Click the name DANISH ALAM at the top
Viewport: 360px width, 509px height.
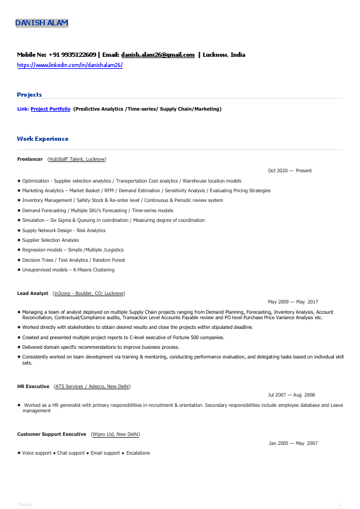(42, 23)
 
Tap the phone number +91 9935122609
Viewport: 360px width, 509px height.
(72, 54)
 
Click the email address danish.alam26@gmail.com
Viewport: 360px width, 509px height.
(158, 54)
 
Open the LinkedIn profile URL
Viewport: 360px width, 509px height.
(70, 65)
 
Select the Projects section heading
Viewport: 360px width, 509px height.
(30, 95)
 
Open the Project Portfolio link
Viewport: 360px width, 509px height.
(50, 109)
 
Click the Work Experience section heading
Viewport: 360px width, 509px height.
(42, 139)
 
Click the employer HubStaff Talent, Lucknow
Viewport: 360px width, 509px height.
(77, 159)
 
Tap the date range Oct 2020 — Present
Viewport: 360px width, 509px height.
(290, 170)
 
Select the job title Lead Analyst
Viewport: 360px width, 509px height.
(33, 293)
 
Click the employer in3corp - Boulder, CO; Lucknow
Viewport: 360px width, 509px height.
(89, 293)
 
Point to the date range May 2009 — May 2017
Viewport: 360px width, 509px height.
(293, 302)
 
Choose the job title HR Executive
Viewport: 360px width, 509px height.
(33, 386)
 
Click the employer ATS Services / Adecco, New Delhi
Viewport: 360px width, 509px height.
(92, 386)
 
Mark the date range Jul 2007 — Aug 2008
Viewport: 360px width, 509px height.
(292, 394)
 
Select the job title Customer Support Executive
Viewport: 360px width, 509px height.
(51, 434)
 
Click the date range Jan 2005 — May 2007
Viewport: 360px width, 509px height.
(293, 443)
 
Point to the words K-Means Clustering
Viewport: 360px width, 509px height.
(94, 270)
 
